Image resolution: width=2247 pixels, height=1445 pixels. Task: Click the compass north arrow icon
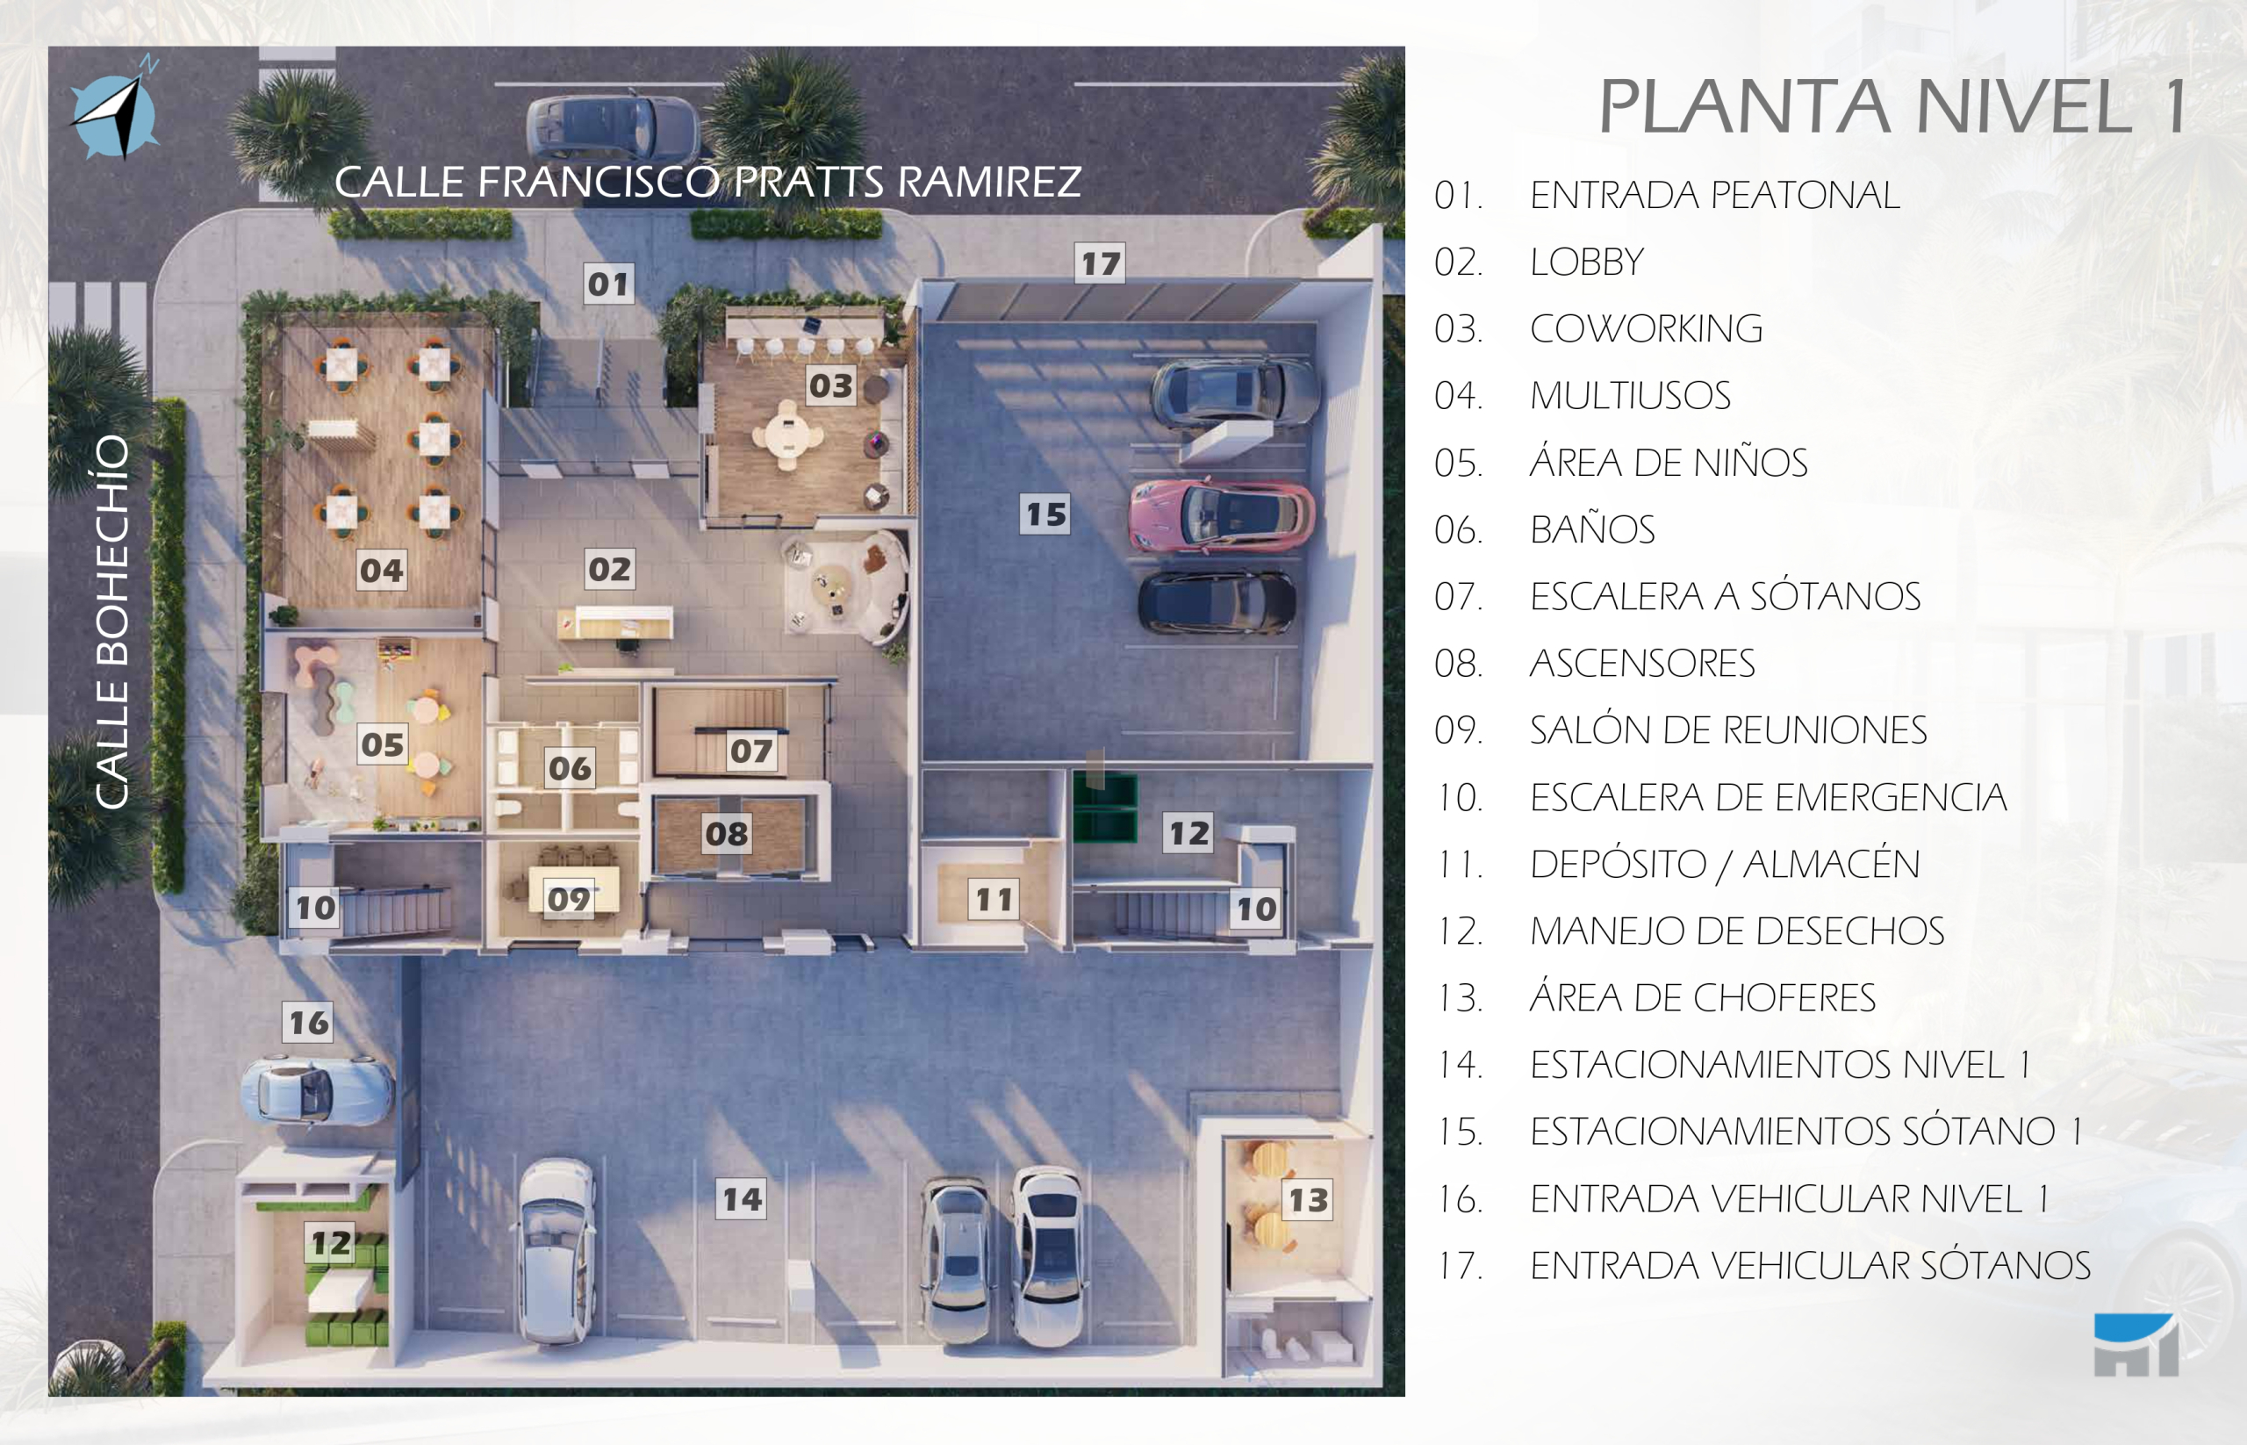[x=115, y=111]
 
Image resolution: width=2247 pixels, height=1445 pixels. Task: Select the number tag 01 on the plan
[x=608, y=284]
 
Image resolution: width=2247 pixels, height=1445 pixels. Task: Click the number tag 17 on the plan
[x=1100, y=263]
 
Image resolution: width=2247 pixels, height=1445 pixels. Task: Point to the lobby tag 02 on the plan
[x=610, y=569]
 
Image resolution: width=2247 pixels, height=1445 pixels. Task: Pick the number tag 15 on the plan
[x=1045, y=514]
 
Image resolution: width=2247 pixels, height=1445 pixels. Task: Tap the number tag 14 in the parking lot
[x=741, y=1198]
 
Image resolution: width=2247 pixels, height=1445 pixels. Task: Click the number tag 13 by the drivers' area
[x=1308, y=1199]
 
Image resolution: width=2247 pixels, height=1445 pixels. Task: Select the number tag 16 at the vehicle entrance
[x=308, y=1022]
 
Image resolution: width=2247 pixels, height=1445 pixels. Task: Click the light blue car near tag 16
[x=317, y=1089]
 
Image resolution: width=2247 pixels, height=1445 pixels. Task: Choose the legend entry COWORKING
[x=1646, y=328]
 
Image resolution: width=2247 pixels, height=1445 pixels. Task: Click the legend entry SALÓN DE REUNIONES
[x=1728, y=730]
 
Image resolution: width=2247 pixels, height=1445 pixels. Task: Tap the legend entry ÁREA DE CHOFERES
[x=1702, y=997]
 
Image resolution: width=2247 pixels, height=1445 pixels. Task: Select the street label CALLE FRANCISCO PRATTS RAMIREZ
[x=707, y=182]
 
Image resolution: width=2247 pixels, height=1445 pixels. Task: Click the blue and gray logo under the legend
[x=2136, y=1345]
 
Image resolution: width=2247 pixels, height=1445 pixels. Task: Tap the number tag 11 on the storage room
[x=994, y=899]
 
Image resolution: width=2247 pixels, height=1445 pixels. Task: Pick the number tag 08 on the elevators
[x=726, y=833]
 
